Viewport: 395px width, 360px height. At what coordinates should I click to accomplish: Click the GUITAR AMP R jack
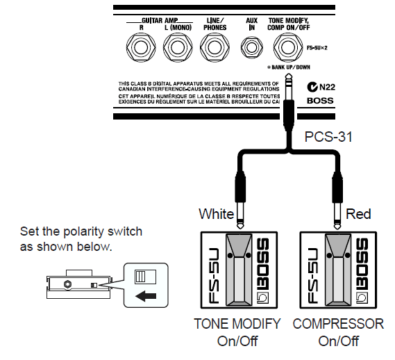[x=141, y=47]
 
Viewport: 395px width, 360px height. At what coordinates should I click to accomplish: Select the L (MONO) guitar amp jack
[x=178, y=47]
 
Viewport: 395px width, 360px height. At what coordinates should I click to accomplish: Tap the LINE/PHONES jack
[x=215, y=47]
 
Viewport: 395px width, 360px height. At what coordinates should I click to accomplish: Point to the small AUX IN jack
[x=252, y=47]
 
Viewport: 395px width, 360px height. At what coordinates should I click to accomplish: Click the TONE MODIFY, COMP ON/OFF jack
[x=288, y=47]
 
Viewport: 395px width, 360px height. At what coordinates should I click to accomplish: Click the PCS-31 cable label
[x=328, y=137]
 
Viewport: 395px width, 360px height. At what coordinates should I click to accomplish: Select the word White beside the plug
[x=217, y=214]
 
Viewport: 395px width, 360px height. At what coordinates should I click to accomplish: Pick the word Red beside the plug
[x=358, y=214]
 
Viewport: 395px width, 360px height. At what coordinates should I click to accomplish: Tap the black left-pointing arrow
[x=146, y=295]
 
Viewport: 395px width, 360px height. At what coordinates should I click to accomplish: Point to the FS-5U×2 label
[x=317, y=48]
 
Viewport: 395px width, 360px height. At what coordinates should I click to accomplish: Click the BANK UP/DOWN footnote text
[x=289, y=67]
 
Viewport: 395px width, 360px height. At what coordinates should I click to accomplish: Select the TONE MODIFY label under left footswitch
[x=237, y=324]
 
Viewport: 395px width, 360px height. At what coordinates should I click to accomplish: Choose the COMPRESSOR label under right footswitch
[x=338, y=324]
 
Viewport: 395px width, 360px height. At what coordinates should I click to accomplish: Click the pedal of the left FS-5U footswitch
[x=239, y=270]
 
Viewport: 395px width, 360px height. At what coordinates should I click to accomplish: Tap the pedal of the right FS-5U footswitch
[x=338, y=270]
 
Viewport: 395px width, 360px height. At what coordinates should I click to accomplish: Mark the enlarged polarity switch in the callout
[x=145, y=277]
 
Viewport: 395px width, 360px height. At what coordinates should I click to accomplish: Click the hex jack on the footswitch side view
[x=67, y=284]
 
